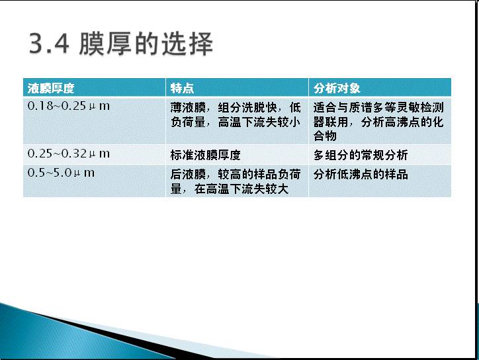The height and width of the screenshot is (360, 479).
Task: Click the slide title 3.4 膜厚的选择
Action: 121,44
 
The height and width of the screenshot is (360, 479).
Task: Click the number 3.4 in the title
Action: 49,44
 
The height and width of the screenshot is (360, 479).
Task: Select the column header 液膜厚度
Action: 51,88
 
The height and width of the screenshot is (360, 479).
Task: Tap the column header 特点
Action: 182,88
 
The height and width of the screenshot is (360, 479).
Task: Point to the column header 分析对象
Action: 337,88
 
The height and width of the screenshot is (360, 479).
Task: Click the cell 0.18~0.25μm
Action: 68,106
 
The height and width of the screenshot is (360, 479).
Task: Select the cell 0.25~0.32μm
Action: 68,154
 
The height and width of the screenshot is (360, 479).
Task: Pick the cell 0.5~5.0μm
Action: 61,173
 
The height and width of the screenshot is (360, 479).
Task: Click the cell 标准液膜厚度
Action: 206,155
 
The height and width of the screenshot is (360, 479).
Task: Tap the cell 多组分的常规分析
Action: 361,155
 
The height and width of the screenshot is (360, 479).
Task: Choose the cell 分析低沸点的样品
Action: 361,175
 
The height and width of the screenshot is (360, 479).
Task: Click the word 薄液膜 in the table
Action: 188,108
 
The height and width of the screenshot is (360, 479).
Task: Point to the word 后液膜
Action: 188,175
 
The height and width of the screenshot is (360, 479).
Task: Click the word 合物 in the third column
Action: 325,136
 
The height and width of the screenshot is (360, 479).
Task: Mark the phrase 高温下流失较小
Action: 259,122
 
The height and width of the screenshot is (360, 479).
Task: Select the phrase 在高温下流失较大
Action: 241,189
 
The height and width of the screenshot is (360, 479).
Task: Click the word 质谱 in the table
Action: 361,108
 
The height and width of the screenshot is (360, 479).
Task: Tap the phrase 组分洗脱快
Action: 247,108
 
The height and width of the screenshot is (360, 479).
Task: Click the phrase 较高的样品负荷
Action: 259,175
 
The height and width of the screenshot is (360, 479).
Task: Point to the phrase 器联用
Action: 331,122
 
